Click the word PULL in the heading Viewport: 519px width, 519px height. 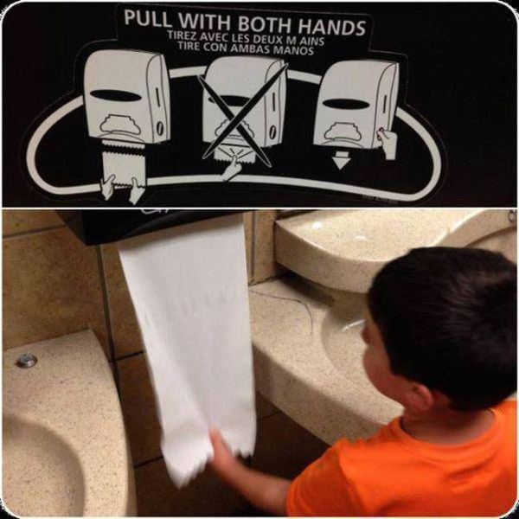148,18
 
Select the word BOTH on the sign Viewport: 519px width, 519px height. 266,24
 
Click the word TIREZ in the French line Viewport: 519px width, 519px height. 181,35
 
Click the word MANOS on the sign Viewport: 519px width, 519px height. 293,51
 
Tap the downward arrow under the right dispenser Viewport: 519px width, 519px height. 342,160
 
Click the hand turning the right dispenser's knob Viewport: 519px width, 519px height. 387,143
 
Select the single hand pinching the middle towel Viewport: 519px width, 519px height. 233,168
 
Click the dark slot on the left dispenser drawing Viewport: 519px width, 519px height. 113,96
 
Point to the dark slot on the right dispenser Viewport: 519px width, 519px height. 346,103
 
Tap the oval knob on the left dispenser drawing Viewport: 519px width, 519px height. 160,127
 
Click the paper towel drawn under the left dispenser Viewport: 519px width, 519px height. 124,163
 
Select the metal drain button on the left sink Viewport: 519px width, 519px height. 27,360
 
